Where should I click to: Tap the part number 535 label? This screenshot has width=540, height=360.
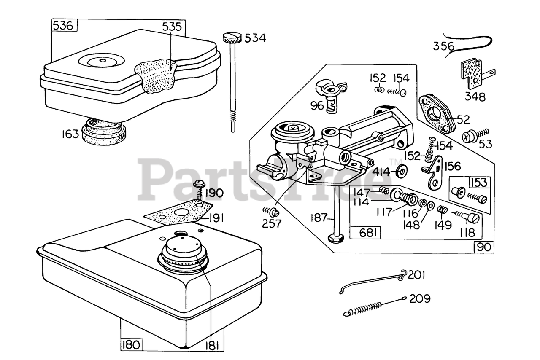coord(172,27)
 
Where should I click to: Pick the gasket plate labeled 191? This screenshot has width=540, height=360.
coord(179,214)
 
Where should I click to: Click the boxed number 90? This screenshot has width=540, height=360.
coord(484,247)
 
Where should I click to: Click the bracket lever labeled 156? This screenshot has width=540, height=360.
coord(432,173)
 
